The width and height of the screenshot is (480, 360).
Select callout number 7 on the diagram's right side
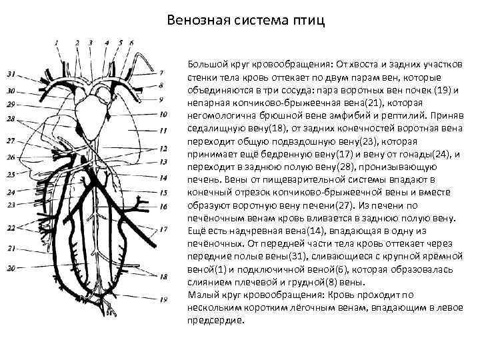161,72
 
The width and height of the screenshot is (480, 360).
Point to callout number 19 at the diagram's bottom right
164,299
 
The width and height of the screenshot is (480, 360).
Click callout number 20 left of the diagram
11,267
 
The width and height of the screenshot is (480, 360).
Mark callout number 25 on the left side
11,174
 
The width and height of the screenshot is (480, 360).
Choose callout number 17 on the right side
164,229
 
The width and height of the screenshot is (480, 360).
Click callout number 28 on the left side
11,119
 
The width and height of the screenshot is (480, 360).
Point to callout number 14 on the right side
164,179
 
